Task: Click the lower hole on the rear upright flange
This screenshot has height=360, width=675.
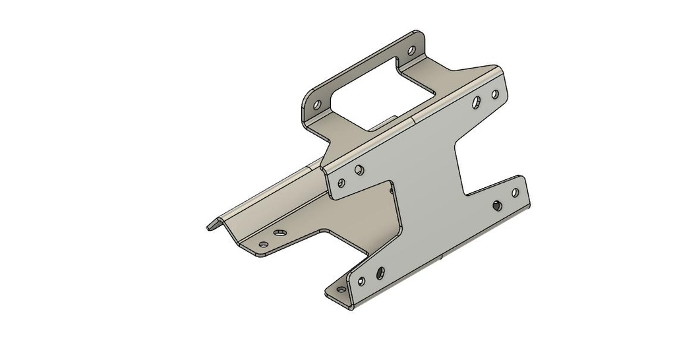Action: (316, 104)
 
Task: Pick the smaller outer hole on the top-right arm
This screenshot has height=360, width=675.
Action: (494, 95)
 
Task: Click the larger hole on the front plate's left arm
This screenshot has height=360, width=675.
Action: (359, 170)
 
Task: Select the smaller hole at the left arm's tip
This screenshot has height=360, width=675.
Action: (341, 183)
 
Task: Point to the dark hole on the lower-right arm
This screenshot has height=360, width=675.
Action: (496, 204)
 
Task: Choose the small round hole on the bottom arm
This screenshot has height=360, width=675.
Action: (361, 282)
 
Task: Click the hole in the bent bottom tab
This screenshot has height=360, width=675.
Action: (340, 289)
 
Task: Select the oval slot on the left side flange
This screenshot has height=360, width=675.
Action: (281, 233)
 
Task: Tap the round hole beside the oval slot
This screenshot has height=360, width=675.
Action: (264, 245)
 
